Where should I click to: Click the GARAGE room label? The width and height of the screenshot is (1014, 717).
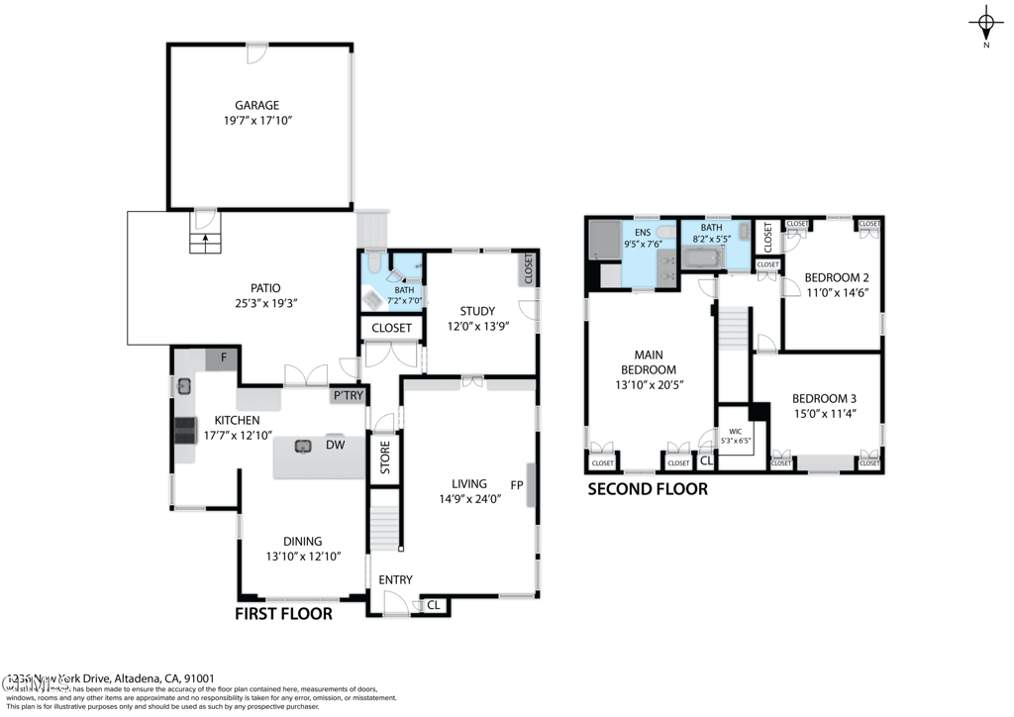pos(256,105)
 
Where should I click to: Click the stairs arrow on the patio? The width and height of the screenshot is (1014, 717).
pos(205,237)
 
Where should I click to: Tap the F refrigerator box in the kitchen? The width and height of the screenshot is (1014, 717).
pos(223,358)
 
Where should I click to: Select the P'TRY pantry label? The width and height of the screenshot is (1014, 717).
pos(348,396)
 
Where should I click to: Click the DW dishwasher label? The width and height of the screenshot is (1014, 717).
pos(335,446)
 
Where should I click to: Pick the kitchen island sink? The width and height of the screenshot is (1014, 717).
pos(303,446)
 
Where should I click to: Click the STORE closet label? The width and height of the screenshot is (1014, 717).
pos(385,458)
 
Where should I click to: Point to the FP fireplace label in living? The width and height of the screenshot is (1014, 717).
pos(516,485)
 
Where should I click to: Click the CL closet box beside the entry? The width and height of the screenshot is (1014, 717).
pos(433,604)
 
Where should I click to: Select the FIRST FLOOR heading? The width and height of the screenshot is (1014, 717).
pos(282,614)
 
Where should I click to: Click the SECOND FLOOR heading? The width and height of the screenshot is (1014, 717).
pos(648,489)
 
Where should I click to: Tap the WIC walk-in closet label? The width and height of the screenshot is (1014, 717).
pos(734,432)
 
